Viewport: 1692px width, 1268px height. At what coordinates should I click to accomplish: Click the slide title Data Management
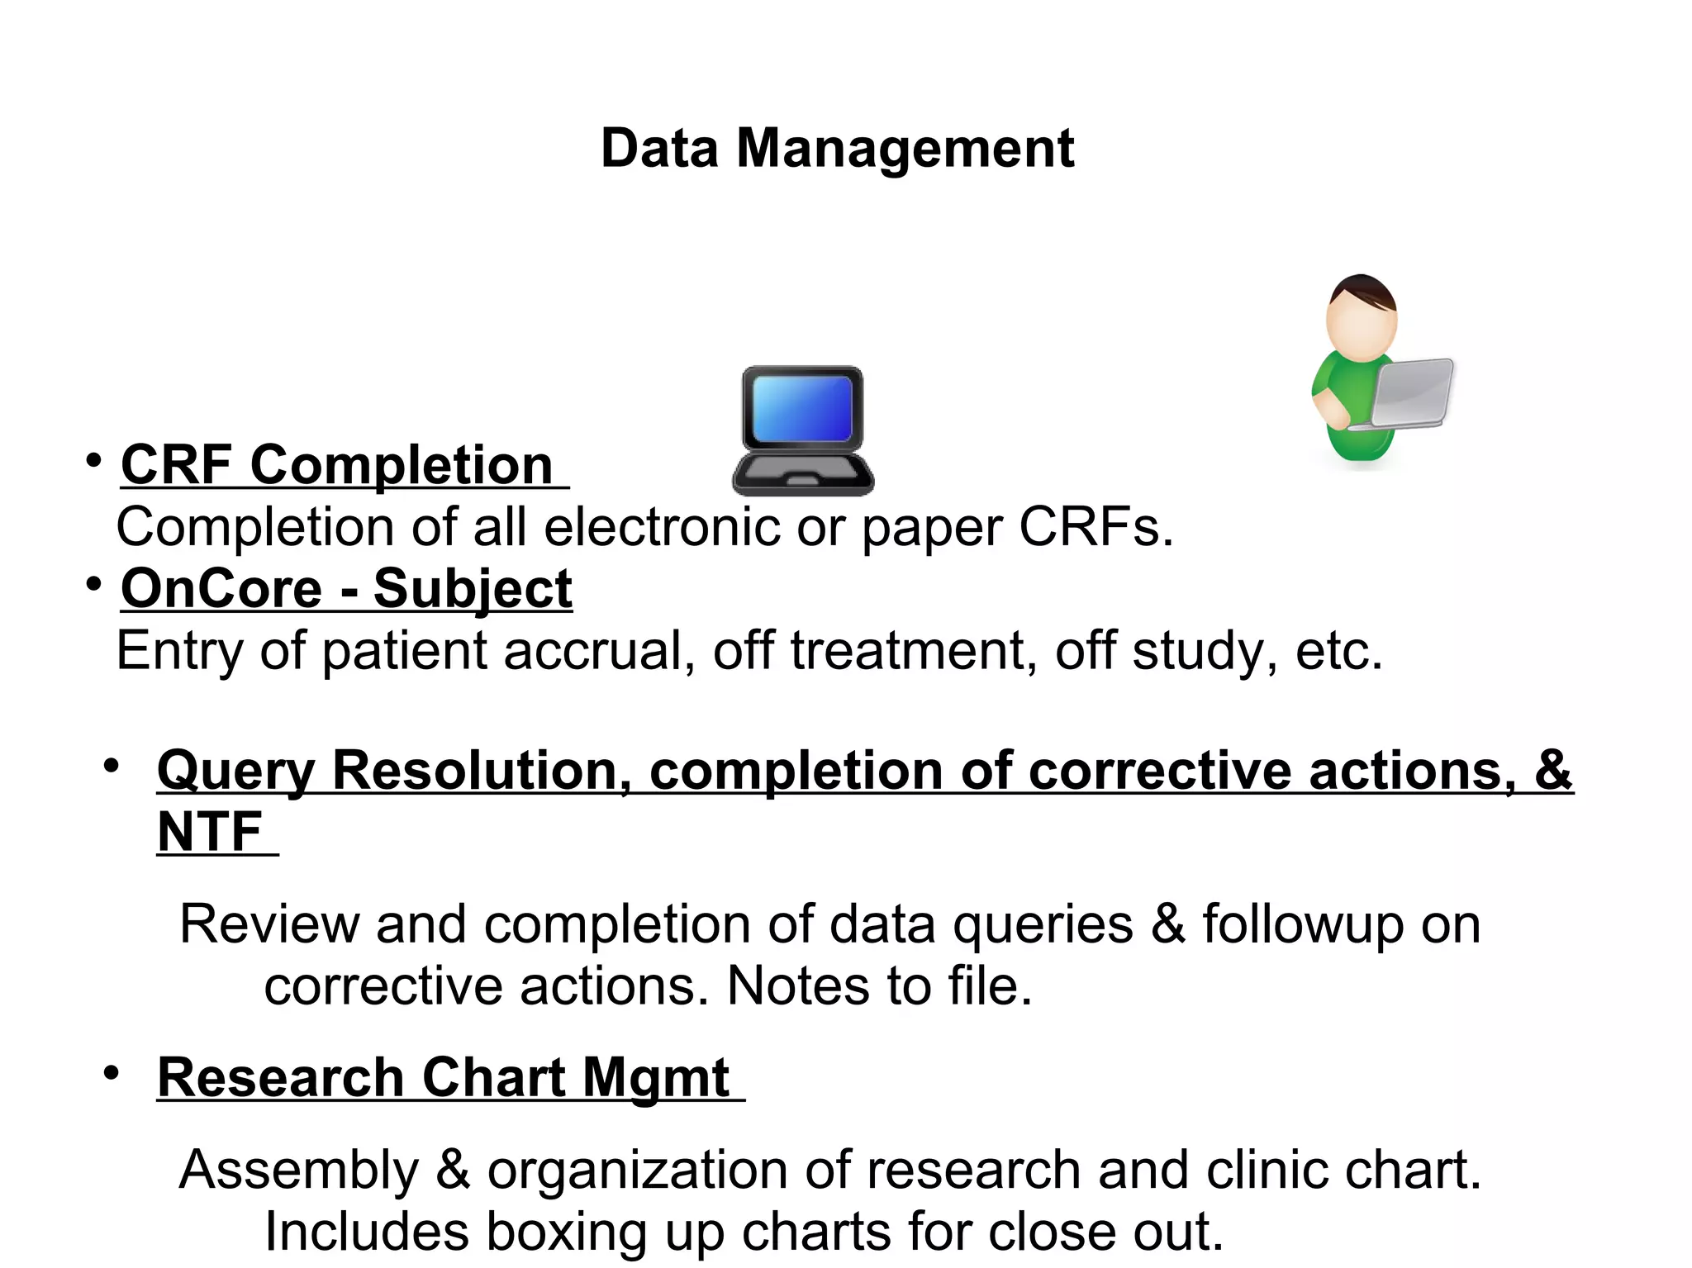(x=837, y=149)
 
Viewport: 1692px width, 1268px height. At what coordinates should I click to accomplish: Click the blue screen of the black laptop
(x=802, y=408)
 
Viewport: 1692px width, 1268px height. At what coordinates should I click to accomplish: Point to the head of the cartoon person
(x=1362, y=314)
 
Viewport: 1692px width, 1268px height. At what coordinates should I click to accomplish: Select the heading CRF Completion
(x=337, y=465)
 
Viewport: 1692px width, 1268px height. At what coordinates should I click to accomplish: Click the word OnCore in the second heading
(x=221, y=589)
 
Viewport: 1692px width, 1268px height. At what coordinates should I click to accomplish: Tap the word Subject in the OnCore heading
(x=473, y=589)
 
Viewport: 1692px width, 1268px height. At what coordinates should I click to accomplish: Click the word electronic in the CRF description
(x=661, y=527)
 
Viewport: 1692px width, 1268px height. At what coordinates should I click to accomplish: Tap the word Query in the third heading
(x=236, y=771)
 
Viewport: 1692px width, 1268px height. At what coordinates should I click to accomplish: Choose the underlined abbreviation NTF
(x=210, y=832)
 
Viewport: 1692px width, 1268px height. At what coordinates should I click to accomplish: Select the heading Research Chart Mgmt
(x=444, y=1078)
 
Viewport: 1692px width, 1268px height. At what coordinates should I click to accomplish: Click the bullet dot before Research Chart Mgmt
(x=112, y=1073)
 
